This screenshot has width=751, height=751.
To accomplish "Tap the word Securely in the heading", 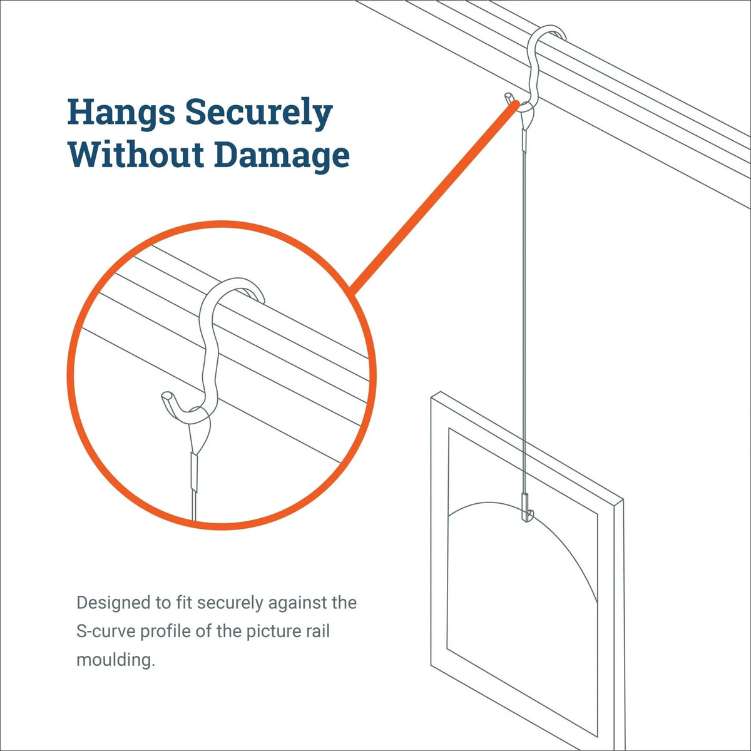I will point(258,113).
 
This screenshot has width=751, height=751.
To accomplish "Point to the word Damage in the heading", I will point(282,155).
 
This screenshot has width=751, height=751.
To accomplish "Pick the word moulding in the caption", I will point(115,660).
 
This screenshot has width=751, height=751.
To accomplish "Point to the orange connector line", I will point(432,200).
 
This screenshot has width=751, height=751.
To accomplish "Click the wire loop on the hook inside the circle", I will point(200,432).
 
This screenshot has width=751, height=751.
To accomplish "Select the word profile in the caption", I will point(166,631).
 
